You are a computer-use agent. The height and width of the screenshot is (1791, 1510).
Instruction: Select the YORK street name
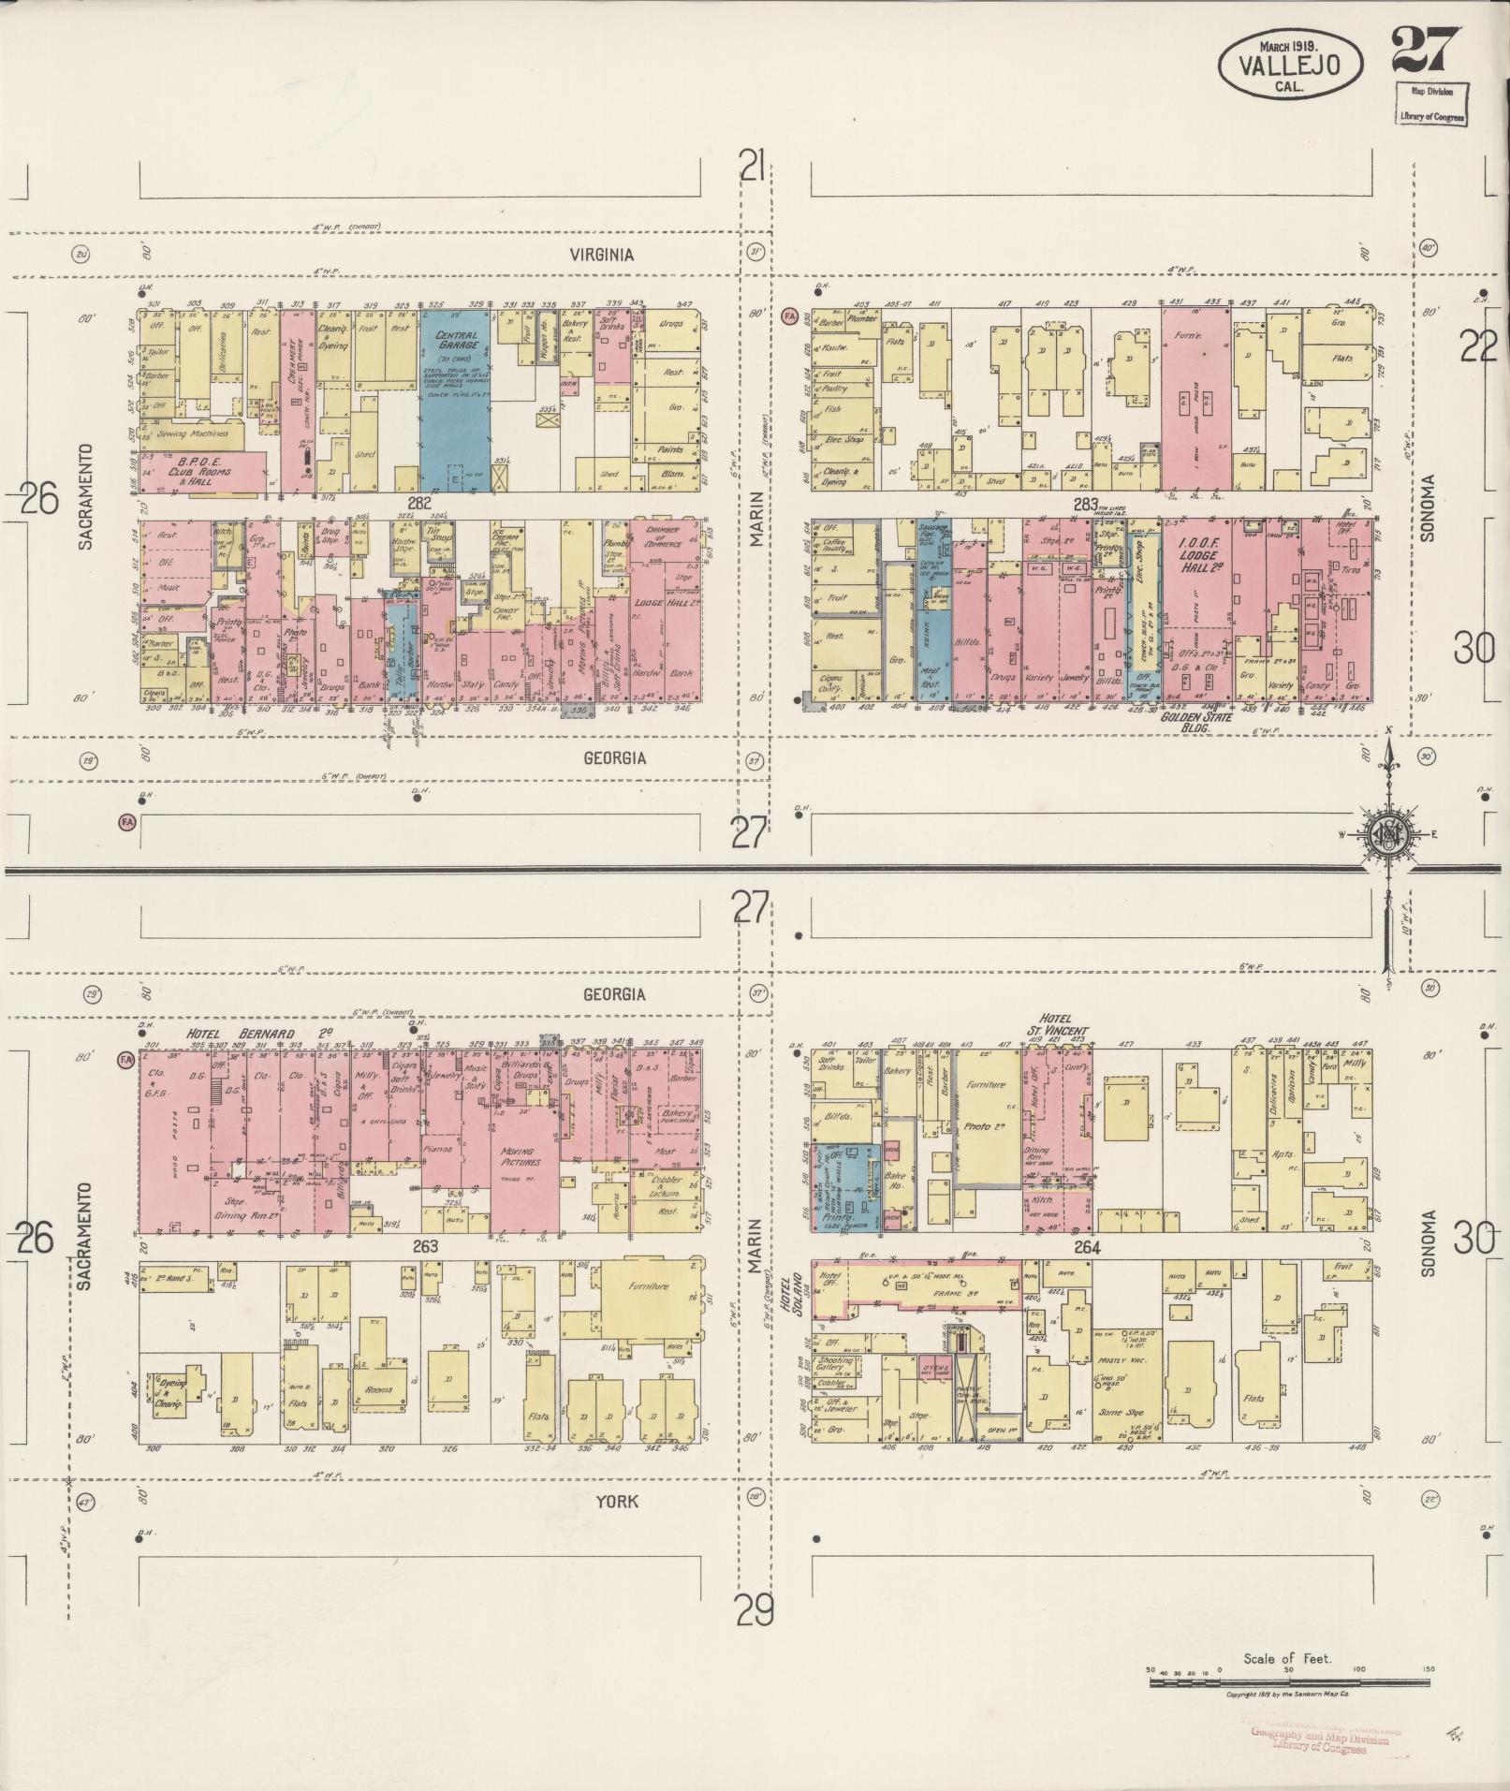(616, 1501)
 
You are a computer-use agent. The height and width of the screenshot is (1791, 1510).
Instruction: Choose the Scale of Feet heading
(1287, 1659)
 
